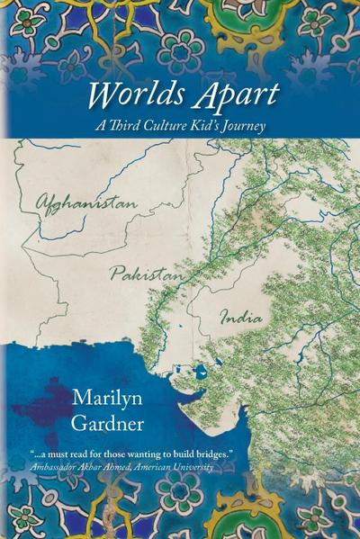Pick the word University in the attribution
click(x=193, y=462)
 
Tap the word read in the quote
click(x=77, y=450)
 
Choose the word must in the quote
click(x=58, y=450)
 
